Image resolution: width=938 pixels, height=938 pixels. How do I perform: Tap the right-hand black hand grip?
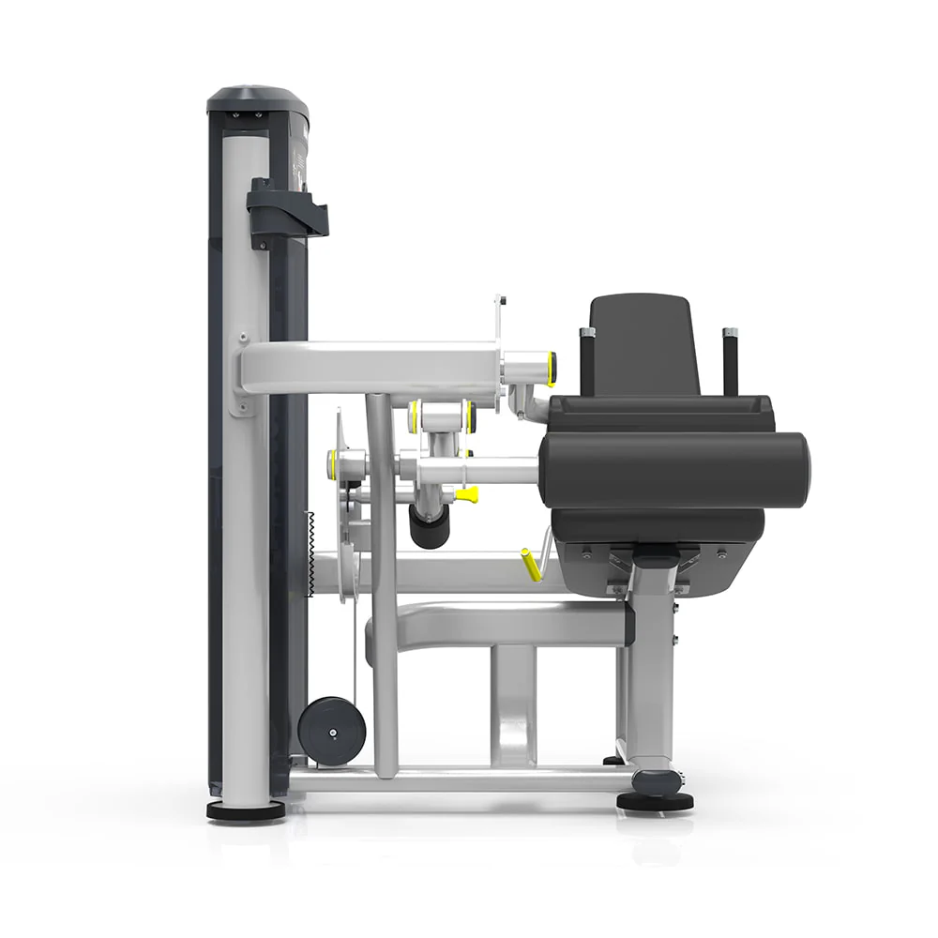click(x=730, y=360)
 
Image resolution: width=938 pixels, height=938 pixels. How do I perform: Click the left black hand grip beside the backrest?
click(x=588, y=360)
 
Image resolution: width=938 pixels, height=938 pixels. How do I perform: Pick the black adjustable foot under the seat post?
click(x=655, y=799)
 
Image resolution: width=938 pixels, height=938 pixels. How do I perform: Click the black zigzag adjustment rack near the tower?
click(x=310, y=553)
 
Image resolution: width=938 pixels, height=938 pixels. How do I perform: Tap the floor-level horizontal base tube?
click(x=450, y=779)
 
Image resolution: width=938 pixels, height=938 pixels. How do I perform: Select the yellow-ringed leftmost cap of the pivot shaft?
click(x=333, y=461)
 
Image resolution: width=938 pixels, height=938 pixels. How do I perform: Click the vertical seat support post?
click(x=650, y=675)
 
